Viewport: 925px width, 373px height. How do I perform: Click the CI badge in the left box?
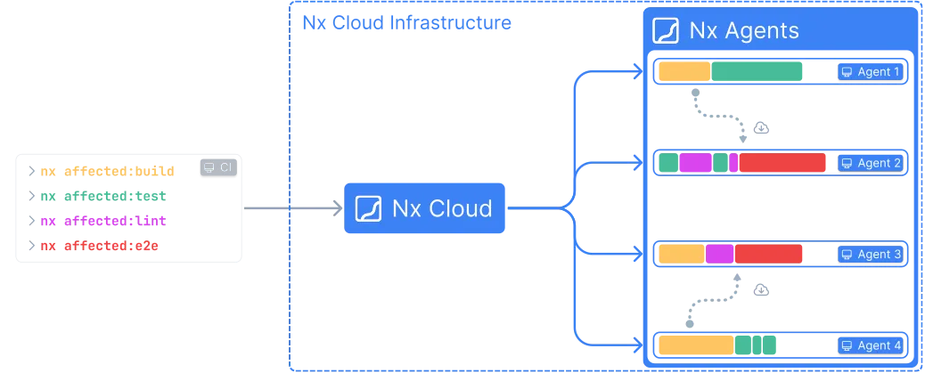click(x=216, y=167)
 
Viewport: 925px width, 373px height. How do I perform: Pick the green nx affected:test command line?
click(x=103, y=196)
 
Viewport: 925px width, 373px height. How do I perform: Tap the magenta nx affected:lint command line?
click(x=103, y=221)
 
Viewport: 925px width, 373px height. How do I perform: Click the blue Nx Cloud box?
click(x=423, y=209)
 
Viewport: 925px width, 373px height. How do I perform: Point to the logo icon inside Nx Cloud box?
click(x=369, y=209)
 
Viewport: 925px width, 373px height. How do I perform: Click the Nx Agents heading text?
click(x=744, y=31)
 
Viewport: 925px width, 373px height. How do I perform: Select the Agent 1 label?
click(x=870, y=72)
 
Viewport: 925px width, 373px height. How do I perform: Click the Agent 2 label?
click(x=870, y=163)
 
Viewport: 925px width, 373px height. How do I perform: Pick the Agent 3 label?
click(x=870, y=255)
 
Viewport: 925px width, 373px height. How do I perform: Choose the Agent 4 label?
click(x=870, y=345)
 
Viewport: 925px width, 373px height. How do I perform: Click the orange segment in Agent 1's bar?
click(x=684, y=71)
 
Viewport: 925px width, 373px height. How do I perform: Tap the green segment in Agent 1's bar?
click(x=757, y=71)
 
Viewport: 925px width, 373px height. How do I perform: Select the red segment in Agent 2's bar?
click(x=782, y=163)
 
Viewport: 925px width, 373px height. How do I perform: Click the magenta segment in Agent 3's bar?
click(x=719, y=254)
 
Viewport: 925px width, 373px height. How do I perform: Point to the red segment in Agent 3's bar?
click(x=769, y=254)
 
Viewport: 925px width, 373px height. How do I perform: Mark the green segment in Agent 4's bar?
click(x=755, y=345)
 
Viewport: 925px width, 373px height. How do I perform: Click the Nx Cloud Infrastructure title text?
click(x=406, y=23)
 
